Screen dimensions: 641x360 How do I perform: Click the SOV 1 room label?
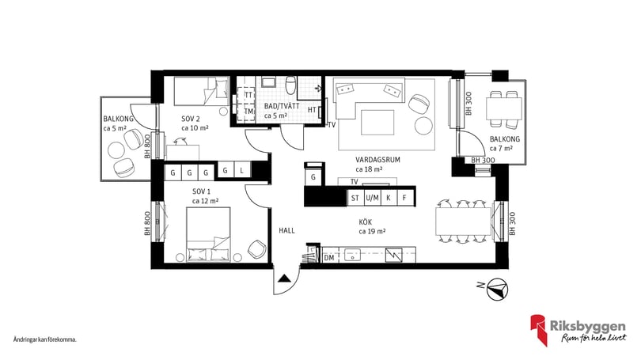(201, 191)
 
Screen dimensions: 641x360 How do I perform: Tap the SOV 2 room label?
(191, 119)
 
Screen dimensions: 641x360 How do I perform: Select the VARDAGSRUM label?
(377, 160)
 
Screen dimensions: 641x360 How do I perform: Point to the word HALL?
(286, 230)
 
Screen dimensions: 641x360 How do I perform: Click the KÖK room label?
(365, 222)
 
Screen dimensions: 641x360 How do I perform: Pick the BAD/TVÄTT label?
(281, 106)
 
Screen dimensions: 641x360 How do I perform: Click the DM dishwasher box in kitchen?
(329, 258)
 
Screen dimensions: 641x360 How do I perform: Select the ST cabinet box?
(355, 198)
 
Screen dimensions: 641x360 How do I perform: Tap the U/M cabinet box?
(372, 198)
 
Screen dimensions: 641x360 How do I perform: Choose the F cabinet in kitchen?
(404, 198)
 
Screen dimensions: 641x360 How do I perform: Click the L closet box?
(242, 170)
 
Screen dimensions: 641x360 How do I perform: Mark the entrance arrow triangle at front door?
(285, 279)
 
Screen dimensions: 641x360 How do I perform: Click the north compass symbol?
(498, 289)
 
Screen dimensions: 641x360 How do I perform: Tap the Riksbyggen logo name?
(587, 327)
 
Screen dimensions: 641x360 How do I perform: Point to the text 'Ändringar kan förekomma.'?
(45, 339)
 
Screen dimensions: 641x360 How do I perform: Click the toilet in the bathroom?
(290, 85)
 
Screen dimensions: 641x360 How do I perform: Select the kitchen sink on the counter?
(351, 256)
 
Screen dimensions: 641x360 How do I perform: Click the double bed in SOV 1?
(208, 234)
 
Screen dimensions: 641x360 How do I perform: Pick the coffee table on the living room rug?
(377, 123)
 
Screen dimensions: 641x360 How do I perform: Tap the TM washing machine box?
(248, 112)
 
